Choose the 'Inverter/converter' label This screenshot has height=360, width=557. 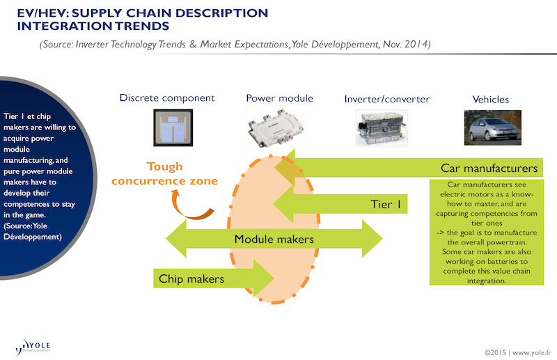pos(386,99)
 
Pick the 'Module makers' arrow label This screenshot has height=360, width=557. pos(274,240)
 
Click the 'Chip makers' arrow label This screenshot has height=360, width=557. pos(191,279)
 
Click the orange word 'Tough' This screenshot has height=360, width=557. pos(164,167)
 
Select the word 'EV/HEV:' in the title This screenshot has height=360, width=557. pos(40,13)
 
